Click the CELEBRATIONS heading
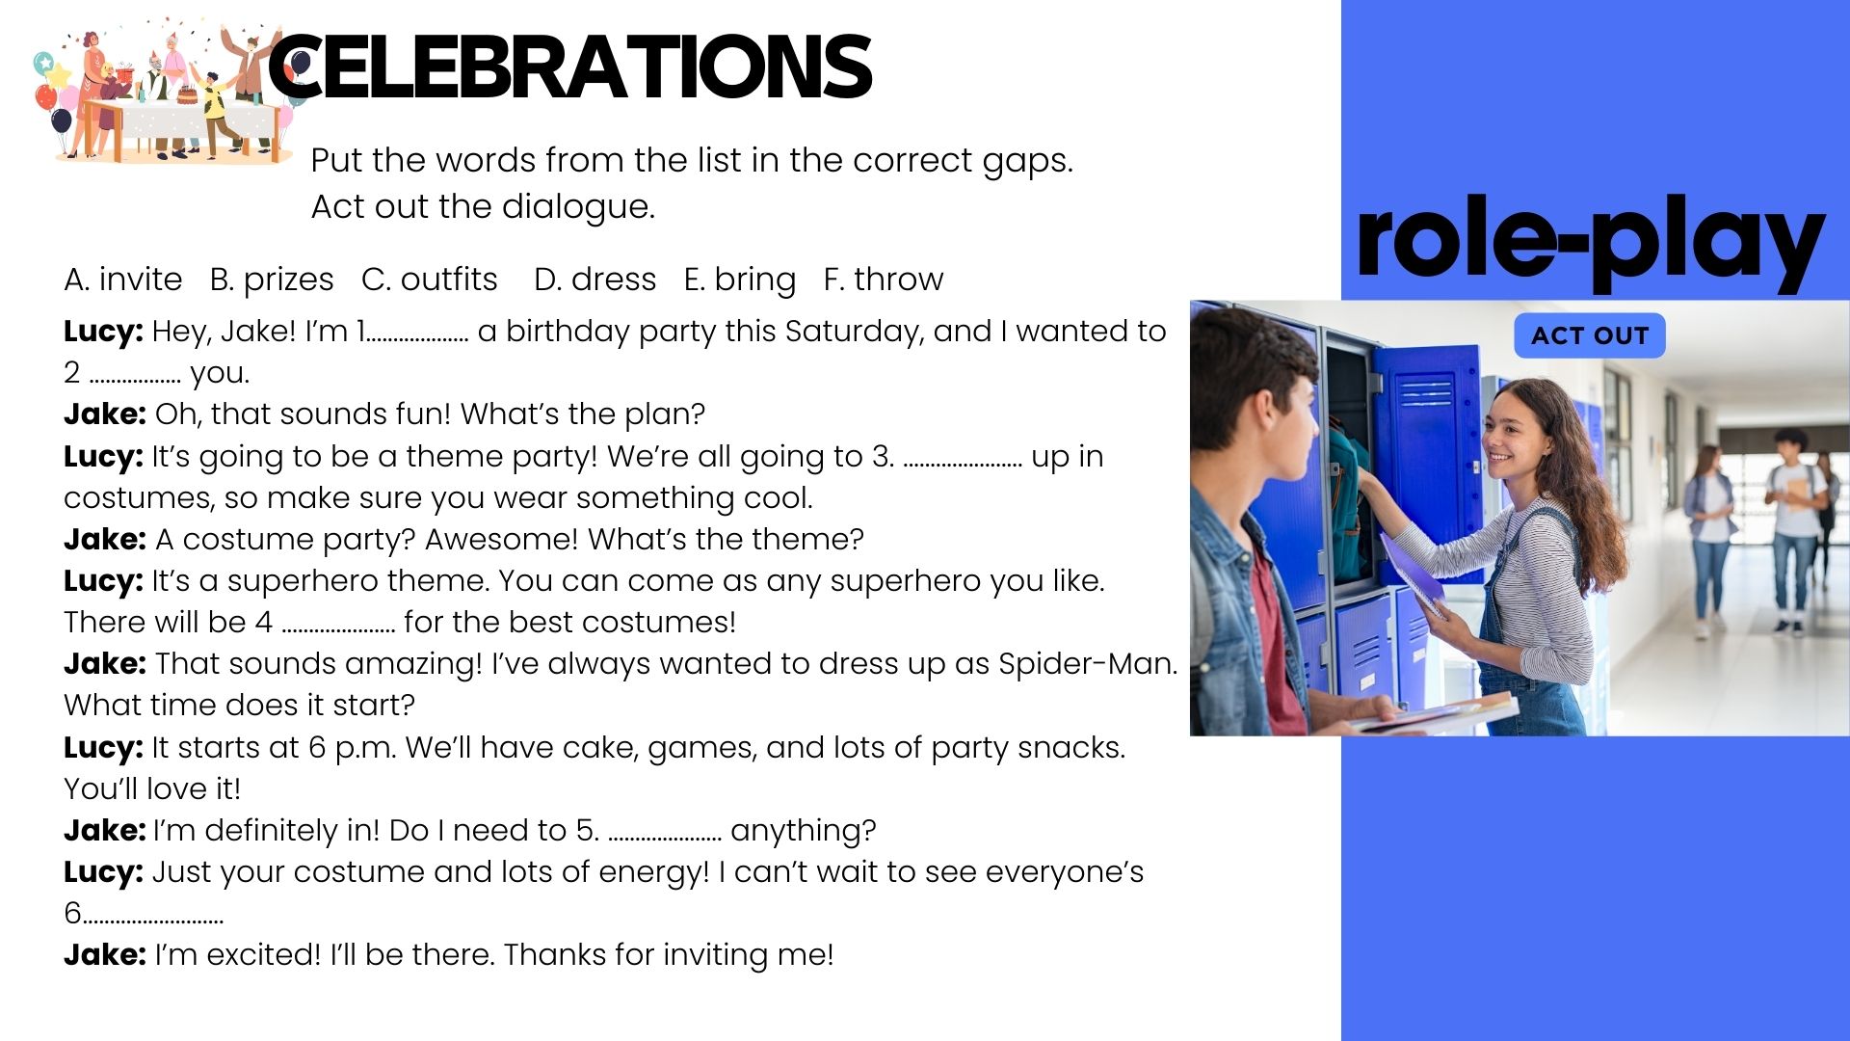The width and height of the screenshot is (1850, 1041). click(x=569, y=67)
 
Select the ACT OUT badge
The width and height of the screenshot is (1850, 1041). click(x=1590, y=335)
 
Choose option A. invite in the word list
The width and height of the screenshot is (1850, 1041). click(x=123, y=280)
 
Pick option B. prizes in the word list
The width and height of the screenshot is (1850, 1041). click(x=272, y=280)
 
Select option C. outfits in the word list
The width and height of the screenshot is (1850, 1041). click(x=430, y=280)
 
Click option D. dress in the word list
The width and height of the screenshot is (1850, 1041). click(x=595, y=280)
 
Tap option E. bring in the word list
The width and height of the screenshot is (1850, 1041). click(x=740, y=280)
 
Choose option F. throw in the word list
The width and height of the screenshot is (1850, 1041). click(x=884, y=280)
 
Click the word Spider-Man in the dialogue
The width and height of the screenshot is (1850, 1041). click(x=1088, y=664)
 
